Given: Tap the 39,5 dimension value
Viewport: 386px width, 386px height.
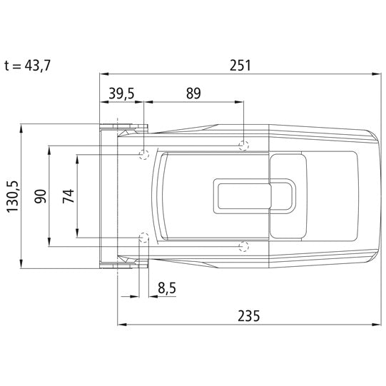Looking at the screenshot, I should pyautogui.click(x=121, y=93).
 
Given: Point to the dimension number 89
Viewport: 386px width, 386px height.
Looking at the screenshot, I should pyautogui.click(x=193, y=93).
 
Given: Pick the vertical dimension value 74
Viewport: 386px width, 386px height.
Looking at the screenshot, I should pyautogui.click(x=68, y=196).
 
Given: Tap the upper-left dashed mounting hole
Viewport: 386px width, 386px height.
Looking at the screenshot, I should pyautogui.click(x=144, y=156).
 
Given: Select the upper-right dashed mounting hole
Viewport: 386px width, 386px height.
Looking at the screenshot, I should pyautogui.click(x=245, y=146).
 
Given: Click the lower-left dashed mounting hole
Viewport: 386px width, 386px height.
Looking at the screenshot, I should pyautogui.click(x=144, y=237).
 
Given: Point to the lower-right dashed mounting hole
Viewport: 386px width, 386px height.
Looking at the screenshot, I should pyautogui.click(x=245, y=247).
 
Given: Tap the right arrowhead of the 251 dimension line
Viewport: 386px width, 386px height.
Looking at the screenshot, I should pyautogui.click(x=375, y=73).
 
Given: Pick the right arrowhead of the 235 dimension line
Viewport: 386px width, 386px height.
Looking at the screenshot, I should pyautogui.click(x=375, y=325).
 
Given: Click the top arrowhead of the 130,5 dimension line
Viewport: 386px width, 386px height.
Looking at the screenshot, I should pyautogui.click(x=23, y=128).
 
